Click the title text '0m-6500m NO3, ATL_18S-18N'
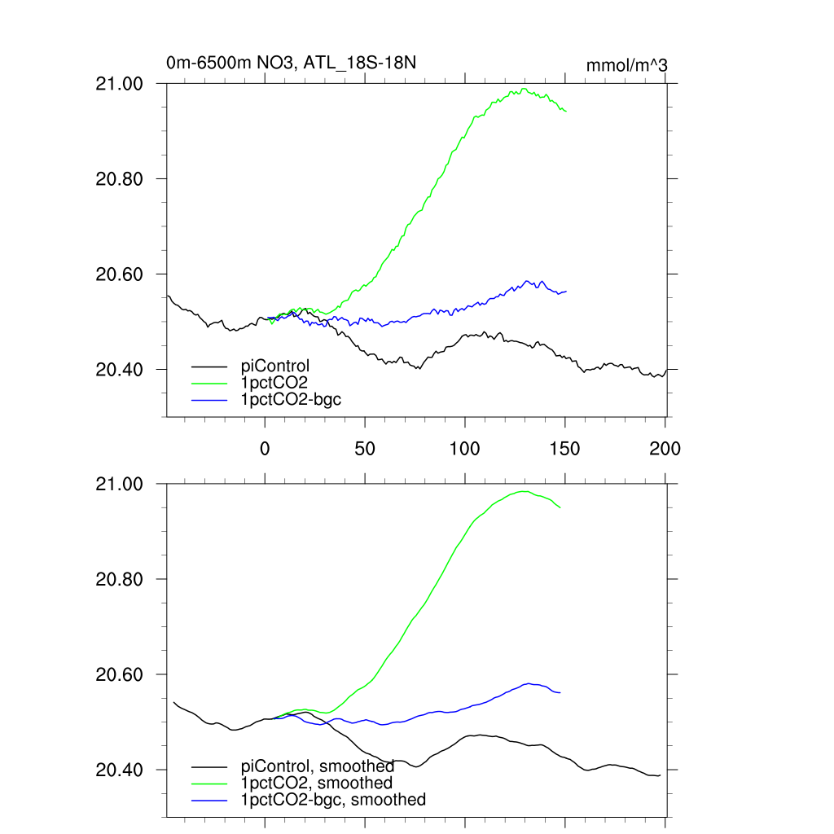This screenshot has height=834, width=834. click(x=292, y=63)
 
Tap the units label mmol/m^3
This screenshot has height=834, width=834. click(x=627, y=65)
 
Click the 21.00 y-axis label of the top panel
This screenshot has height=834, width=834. click(x=120, y=84)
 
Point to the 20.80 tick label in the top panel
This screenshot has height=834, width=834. click(x=120, y=179)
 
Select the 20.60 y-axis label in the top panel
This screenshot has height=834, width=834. click(x=120, y=274)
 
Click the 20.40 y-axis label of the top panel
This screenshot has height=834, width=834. click(x=120, y=370)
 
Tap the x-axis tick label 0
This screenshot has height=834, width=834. click(x=265, y=448)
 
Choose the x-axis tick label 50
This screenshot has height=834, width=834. click(x=365, y=448)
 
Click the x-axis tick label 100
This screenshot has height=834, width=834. click(x=464, y=448)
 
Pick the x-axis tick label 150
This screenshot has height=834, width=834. click(x=564, y=448)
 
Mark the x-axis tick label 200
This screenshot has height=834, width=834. click(x=665, y=448)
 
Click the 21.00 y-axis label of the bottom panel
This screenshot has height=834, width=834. click(x=120, y=485)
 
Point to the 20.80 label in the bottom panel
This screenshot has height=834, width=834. click(x=120, y=580)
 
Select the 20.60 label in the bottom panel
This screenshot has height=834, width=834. click(x=120, y=675)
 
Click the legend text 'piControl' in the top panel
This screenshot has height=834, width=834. click(x=275, y=366)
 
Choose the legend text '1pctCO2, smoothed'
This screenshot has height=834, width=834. click(x=317, y=783)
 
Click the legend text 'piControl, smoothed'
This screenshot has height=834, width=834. click(x=318, y=766)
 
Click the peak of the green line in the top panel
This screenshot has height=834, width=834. click(x=524, y=89)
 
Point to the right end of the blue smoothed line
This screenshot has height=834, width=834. click(x=560, y=692)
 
